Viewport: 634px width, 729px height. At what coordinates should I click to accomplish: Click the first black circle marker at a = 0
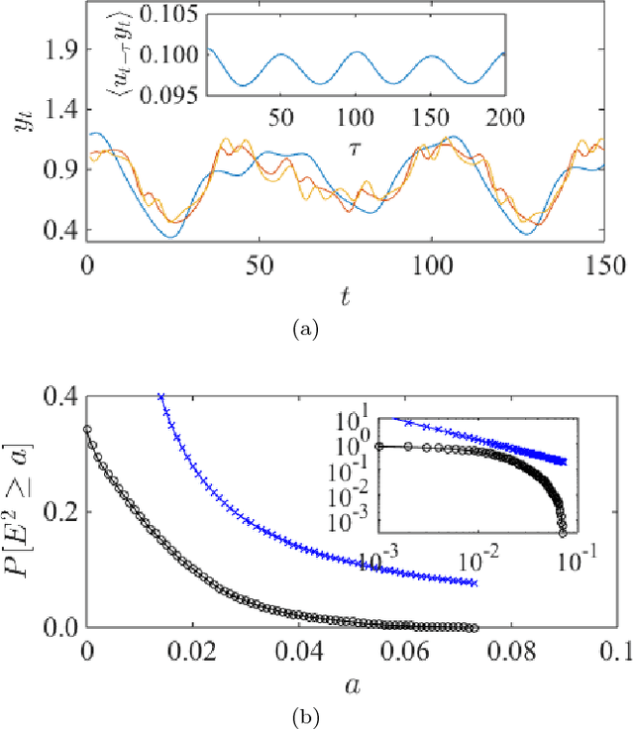click(87, 430)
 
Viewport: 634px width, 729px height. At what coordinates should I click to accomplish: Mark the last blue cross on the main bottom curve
click(474, 583)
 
